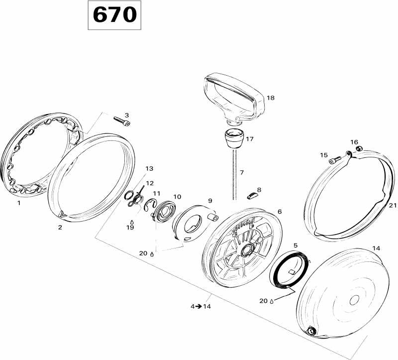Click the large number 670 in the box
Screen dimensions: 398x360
[115, 15]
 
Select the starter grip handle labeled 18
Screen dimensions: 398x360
[234, 98]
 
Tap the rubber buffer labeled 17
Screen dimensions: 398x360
[234, 138]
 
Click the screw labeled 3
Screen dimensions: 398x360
[122, 121]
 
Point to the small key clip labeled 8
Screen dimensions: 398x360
[253, 196]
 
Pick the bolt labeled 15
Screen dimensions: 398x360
[335, 160]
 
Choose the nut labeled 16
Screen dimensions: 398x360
[359, 148]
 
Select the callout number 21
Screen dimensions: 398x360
[393, 205]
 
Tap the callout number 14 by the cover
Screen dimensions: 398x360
[376, 248]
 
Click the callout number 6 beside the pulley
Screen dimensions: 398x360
[280, 212]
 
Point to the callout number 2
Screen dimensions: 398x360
[60, 227]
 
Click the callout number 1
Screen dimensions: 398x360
[18, 203]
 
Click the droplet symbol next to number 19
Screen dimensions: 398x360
[132, 222]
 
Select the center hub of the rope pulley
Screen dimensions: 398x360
[246, 250]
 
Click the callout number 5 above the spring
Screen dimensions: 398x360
[296, 245]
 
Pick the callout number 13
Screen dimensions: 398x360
[150, 168]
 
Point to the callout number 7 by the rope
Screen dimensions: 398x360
[242, 172]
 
